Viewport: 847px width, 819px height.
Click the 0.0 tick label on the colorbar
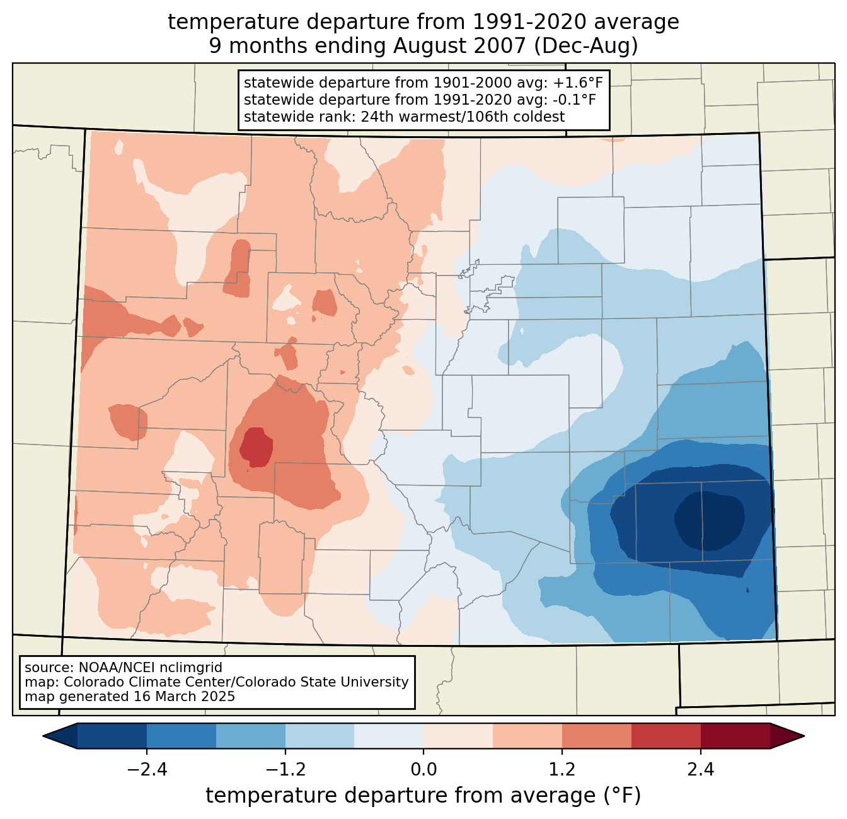(x=423, y=770)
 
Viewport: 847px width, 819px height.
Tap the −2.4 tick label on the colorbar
(x=147, y=770)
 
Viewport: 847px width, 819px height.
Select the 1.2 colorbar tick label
(x=562, y=770)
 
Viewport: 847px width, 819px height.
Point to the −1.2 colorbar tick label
(x=285, y=770)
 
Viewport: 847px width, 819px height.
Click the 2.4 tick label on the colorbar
(x=700, y=770)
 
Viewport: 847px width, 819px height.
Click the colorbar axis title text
(x=423, y=796)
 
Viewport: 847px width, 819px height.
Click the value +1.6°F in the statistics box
(x=577, y=83)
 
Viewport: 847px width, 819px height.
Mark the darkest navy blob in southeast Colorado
(x=710, y=521)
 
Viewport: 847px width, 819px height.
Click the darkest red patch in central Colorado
(x=256, y=447)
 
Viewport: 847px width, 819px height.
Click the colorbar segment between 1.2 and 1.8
(x=596, y=736)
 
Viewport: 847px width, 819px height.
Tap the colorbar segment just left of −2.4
(x=112, y=736)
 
